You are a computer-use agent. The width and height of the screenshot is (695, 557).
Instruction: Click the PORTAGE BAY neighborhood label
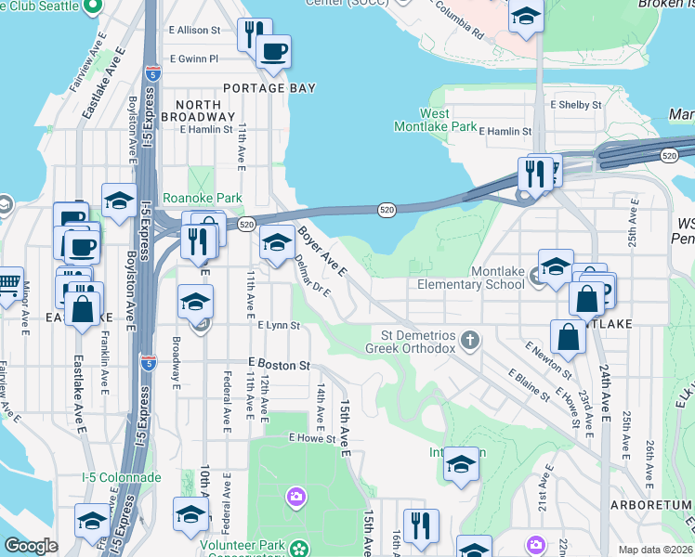(269, 88)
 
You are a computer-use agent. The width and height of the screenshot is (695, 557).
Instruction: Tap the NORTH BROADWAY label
(198, 110)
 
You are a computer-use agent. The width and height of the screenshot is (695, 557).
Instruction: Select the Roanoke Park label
(202, 198)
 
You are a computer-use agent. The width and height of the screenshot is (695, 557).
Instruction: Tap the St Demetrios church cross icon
(471, 340)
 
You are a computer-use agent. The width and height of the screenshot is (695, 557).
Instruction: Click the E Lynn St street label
(279, 326)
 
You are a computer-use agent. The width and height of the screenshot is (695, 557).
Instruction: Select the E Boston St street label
(279, 366)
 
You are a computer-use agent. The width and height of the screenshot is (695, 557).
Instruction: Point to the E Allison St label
(194, 30)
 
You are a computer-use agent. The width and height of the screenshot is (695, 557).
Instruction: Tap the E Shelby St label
(576, 105)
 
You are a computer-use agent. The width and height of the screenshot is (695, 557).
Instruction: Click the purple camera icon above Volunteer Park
(296, 497)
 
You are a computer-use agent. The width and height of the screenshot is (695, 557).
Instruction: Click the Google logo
(32, 546)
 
